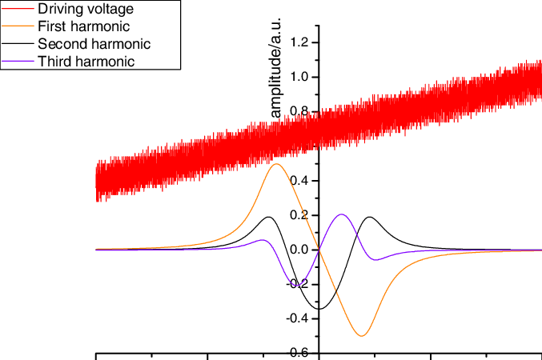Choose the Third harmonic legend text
(x=86, y=61)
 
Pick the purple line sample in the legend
(x=18, y=61)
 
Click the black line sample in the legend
(x=18, y=44)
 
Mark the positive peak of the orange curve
(x=277, y=164)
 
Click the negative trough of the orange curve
(x=362, y=336)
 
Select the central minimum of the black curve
(x=319, y=309)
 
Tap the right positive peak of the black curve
(x=370, y=217)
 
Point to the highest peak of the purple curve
(x=342, y=214)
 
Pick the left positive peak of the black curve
(x=269, y=217)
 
